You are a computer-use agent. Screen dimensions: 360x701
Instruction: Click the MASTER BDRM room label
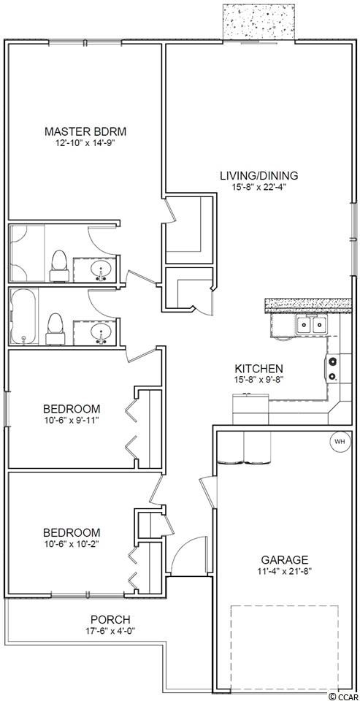click(x=85, y=131)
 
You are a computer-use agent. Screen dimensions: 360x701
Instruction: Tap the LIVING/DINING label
click(x=259, y=175)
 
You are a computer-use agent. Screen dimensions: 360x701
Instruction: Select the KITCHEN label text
click(x=259, y=369)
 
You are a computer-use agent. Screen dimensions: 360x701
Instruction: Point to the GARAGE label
click(x=285, y=560)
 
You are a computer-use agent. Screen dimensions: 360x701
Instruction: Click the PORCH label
click(x=110, y=620)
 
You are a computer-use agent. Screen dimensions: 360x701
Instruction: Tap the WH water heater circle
click(x=340, y=442)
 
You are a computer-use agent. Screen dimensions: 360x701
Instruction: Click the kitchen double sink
click(x=312, y=324)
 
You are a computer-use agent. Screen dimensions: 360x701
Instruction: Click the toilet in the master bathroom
click(x=58, y=266)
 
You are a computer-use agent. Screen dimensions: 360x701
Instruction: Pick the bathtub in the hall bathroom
click(x=24, y=317)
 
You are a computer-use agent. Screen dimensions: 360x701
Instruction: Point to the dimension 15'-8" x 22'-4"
click(x=259, y=187)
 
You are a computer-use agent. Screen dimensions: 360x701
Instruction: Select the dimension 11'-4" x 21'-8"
click(x=285, y=570)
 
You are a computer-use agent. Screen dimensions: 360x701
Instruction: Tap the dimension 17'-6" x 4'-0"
click(x=110, y=630)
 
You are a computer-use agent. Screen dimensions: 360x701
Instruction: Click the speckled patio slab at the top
click(x=258, y=22)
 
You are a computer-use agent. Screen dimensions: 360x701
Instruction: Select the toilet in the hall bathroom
click(x=55, y=329)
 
